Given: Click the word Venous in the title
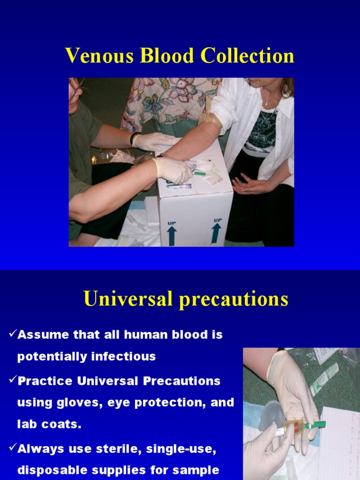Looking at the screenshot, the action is pyautogui.click(x=99, y=55).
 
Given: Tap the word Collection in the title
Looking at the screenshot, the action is pyautogui.click(x=247, y=55).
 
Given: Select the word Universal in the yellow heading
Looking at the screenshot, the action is pyautogui.click(x=128, y=298).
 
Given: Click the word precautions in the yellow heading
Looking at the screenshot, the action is pyautogui.click(x=233, y=300).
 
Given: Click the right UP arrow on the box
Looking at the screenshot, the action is pyautogui.click(x=216, y=233).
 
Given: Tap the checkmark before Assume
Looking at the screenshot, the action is pyautogui.click(x=13, y=333).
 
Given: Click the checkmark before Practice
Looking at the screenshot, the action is pyautogui.click(x=13, y=380).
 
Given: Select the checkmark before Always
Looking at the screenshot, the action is pyautogui.click(x=13, y=447).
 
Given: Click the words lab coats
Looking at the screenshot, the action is pyautogui.click(x=49, y=424).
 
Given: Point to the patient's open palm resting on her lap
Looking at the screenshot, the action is pyautogui.click(x=248, y=184).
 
